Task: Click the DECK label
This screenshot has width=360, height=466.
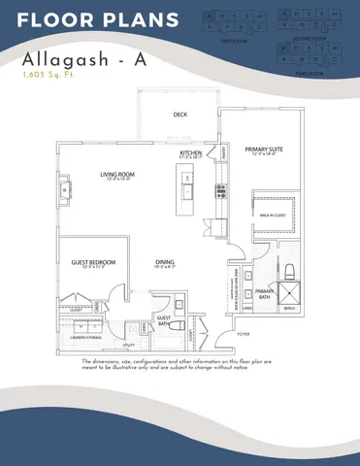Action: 180,115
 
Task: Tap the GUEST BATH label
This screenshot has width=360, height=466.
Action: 164,319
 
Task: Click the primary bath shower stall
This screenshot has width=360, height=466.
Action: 289,292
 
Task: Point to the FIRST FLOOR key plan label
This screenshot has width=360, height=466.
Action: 229,41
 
